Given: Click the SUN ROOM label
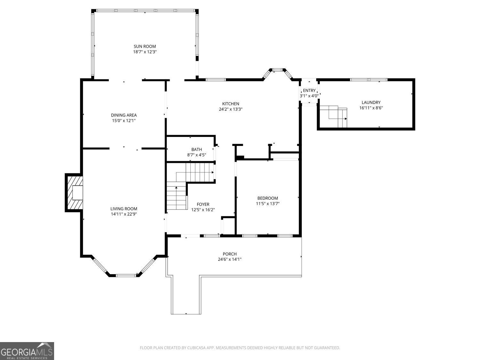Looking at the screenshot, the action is pyautogui.click(x=145, y=46).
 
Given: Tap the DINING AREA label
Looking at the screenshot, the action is pyautogui.click(x=124, y=115).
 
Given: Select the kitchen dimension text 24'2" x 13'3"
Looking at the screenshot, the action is pyautogui.click(x=230, y=109).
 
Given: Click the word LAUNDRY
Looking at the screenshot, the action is pyautogui.click(x=371, y=102).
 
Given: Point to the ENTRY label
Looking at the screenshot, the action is pyautogui.click(x=309, y=91).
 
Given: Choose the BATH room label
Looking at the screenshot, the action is pyautogui.click(x=196, y=149).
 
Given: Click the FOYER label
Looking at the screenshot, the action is pyautogui.click(x=203, y=204).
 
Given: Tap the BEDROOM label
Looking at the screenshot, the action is pyautogui.click(x=268, y=198).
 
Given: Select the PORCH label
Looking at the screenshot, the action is pyautogui.click(x=230, y=254).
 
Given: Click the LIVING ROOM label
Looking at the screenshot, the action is pyautogui.click(x=124, y=209).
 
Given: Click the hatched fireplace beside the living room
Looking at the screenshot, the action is pyautogui.click(x=74, y=193).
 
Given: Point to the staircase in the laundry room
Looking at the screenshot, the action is pyautogui.click(x=333, y=116).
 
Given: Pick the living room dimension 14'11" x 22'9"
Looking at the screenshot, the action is pyautogui.click(x=124, y=214).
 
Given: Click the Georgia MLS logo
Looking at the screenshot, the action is pyautogui.click(x=27, y=351).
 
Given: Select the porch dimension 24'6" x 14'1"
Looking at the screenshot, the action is pyautogui.click(x=230, y=259).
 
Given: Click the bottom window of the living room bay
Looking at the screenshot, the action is pyautogui.click(x=126, y=276).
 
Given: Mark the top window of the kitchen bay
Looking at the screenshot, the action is pyautogui.click(x=278, y=70).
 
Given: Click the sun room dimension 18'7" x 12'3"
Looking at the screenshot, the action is pyautogui.click(x=145, y=52).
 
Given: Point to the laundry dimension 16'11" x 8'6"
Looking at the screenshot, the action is pyautogui.click(x=371, y=108).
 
